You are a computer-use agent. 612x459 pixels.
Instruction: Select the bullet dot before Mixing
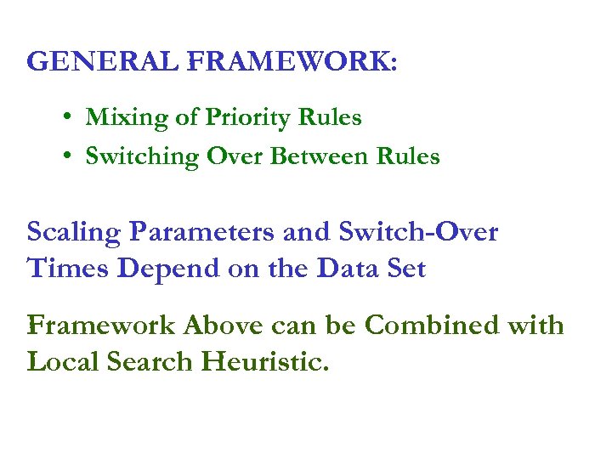pos(65,117)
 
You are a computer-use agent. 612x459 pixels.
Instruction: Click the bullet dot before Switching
pos(65,156)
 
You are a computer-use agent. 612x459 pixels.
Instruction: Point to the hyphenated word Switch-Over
pos(417,232)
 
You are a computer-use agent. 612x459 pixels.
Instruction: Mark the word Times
pos(69,269)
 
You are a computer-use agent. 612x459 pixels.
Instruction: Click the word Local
pos(64,363)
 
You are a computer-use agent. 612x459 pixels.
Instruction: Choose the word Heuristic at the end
pos(266,363)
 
